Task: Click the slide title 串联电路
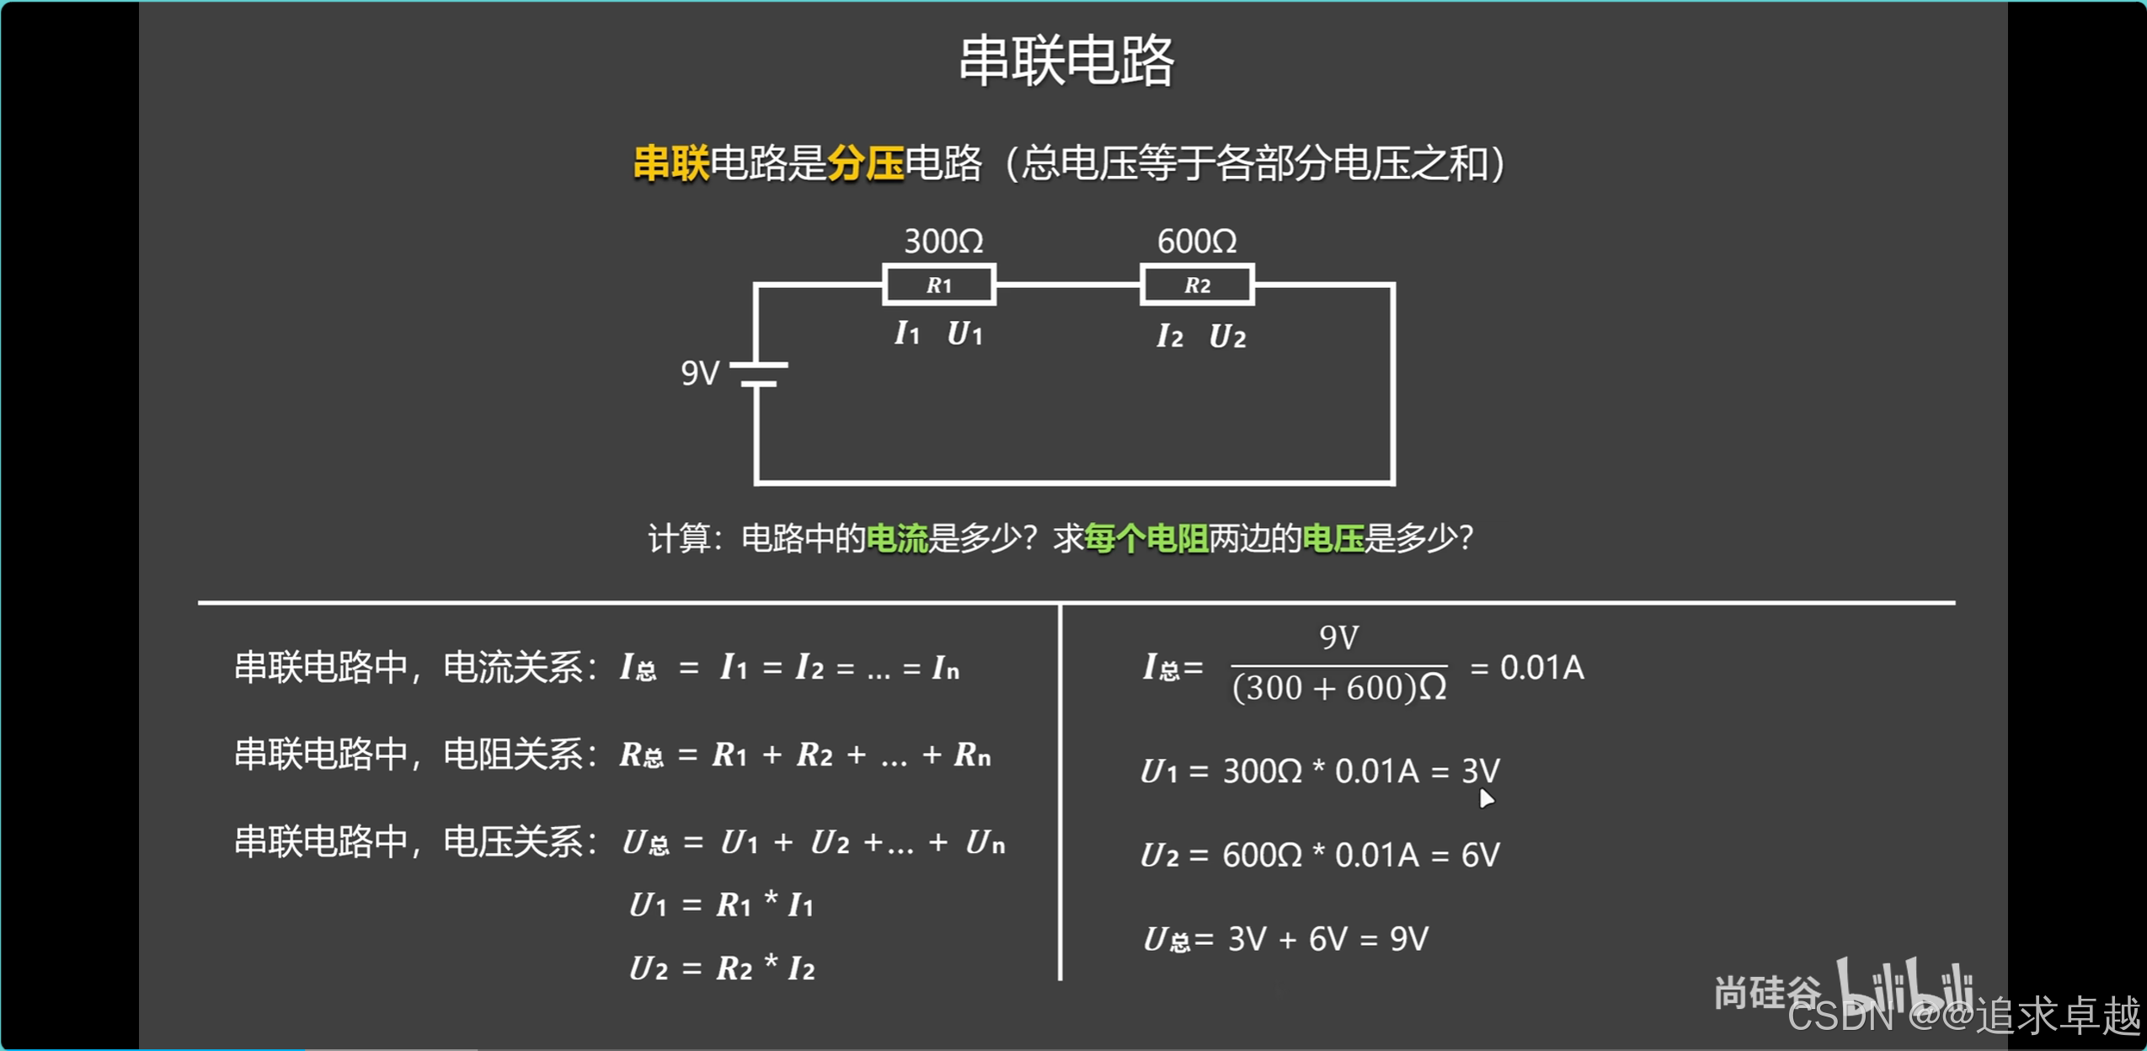1066,61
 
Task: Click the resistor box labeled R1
939,285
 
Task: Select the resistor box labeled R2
1197,285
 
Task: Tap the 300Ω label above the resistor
943,242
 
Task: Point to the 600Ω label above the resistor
1197,242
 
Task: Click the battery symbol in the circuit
758,375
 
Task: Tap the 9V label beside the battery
700,373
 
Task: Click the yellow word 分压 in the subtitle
865,163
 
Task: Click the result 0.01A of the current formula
1541,668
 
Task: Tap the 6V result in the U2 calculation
1480,856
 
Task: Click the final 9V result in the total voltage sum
1408,939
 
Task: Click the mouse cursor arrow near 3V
1486,798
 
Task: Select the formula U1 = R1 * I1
722,905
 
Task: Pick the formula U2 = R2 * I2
722,968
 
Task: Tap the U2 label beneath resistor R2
1227,337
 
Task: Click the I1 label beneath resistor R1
906,333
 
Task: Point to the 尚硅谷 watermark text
1765,993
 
